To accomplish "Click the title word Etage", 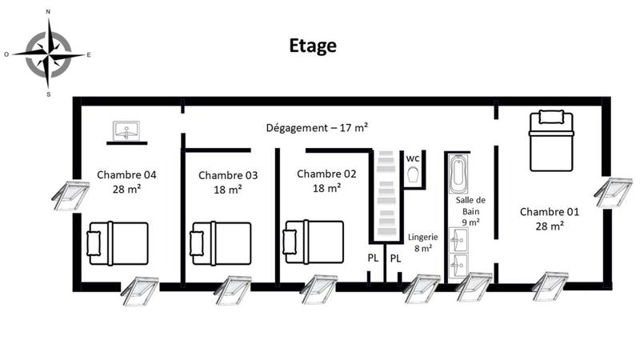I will click(313, 46).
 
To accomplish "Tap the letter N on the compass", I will click(49, 12).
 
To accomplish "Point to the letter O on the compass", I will click(6, 54).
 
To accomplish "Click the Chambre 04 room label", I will click(126, 181).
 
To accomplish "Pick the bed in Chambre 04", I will click(118, 243).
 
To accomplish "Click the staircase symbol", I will click(386, 194).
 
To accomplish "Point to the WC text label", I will click(413, 158).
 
